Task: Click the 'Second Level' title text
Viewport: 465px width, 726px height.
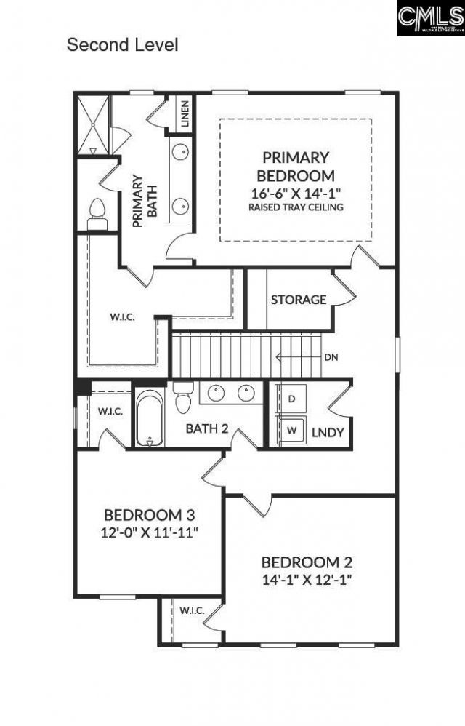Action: [122, 44]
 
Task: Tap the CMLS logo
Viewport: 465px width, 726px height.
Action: [430, 18]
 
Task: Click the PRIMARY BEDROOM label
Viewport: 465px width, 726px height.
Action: [296, 166]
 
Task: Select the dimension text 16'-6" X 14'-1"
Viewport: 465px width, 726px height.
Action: [296, 193]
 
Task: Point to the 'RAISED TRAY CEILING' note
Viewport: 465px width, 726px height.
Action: [296, 207]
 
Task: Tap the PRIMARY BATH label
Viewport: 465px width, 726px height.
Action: [144, 201]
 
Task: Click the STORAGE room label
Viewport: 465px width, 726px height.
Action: [298, 300]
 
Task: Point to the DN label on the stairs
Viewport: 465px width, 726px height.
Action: [331, 356]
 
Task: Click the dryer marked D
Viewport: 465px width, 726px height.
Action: [292, 399]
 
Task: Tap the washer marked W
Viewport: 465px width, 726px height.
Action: [292, 430]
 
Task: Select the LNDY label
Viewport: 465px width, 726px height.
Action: [327, 433]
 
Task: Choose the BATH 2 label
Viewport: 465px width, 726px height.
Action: [207, 428]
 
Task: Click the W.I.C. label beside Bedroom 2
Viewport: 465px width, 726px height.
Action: [191, 609]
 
